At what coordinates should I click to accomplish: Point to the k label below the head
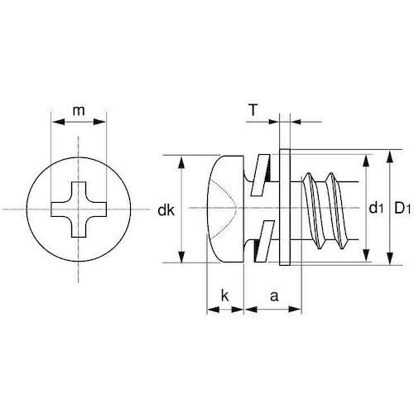tap(224, 294)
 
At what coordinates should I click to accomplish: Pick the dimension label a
tap(272, 294)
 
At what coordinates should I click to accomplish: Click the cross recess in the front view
tap(79, 208)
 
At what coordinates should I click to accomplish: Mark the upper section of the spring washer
tap(262, 170)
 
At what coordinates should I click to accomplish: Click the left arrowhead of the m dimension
tap(55, 121)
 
